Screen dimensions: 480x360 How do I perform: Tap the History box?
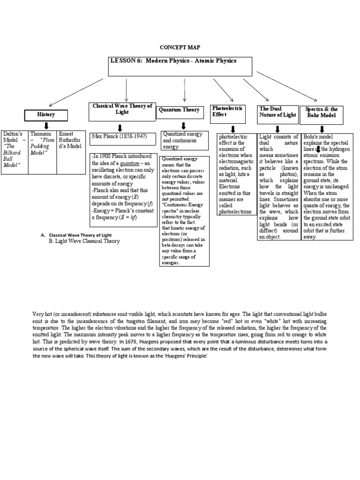point(46,114)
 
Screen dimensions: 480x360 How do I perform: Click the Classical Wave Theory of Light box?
point(122,109)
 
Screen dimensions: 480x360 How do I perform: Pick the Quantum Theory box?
point(179,110)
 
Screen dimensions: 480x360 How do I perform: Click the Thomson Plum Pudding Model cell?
point(42,143)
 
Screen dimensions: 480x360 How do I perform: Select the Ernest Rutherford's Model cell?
point(71,140)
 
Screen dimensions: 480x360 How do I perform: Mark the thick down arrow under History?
point(46,126)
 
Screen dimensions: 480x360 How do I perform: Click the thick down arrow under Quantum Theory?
point(183,126)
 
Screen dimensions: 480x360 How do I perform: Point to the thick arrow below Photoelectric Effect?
point(233,128)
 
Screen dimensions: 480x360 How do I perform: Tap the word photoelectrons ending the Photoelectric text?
point(236,211)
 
